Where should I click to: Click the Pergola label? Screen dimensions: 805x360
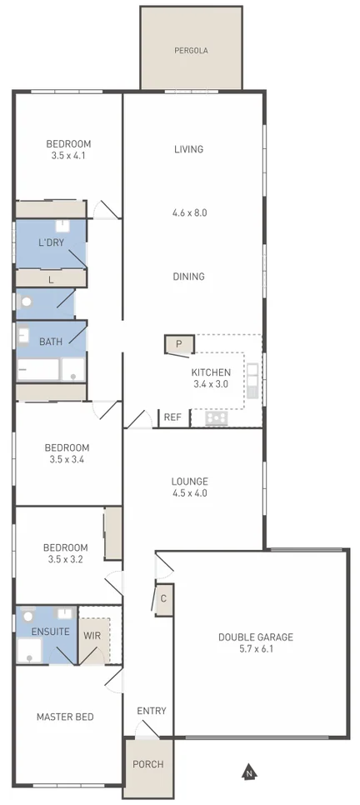pos(191,50)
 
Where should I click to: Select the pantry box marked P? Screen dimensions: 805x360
pos(179,343)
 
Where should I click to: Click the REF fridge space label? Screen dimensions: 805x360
pos(172,417)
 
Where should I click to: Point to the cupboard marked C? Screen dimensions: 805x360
pos(163,598)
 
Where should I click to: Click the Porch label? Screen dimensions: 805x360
pos(148,764)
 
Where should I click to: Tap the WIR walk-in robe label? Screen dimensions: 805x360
pos(92,635)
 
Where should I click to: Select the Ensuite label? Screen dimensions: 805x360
pos(50,632)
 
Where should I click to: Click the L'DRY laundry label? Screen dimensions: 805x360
pos(51,243)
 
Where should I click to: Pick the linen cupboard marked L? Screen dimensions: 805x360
pos(51,280)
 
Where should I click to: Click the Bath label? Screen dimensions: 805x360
pos(50,342)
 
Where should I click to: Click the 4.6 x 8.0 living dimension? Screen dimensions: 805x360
pos(189,212)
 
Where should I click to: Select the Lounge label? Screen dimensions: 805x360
pos(189,481)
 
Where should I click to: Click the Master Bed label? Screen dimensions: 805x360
pos(65,717)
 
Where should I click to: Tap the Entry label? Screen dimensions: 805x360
pos(152,711)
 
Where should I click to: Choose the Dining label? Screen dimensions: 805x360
pos(189,277)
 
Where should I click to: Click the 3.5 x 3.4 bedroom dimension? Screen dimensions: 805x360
pos(67,459)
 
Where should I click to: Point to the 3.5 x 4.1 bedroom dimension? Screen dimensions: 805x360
pos(68,155)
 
